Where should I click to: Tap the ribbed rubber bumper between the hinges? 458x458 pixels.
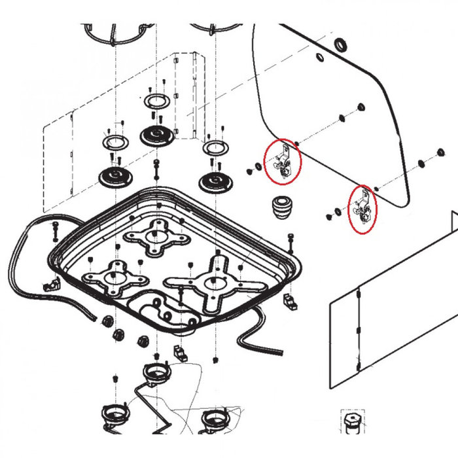(281, 209)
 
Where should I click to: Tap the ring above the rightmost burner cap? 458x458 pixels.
(214, 148)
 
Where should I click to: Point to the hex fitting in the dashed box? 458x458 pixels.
(352, 422)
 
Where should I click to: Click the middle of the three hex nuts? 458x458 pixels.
(120, 334)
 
